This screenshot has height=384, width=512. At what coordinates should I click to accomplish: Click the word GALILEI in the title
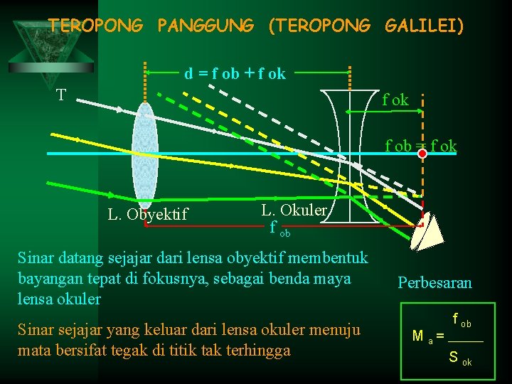(x=425, y=26)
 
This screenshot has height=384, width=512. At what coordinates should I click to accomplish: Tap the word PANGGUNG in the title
(x=206, y=26)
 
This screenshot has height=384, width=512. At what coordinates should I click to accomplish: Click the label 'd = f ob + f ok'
(x=235, y=73)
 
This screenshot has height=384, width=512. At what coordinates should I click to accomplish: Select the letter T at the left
(x=62, y=95)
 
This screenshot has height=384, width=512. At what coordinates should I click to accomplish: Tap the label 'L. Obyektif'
(x=147, y=213)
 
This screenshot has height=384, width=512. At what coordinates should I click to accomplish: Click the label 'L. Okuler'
(x=294, y=210)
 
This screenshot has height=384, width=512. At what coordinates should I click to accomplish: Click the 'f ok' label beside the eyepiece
(x=395, y=100)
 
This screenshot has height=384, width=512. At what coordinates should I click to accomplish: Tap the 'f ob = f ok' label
(x=421, y=146)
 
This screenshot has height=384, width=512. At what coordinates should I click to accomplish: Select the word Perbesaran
(x=434, y=282)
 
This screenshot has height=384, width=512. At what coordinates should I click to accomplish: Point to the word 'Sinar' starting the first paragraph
(x=36, y=257)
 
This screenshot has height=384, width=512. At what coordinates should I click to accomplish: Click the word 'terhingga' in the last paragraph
(x=258, y=349)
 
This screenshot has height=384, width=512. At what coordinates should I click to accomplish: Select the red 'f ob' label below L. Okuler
(x=279, y=229)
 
